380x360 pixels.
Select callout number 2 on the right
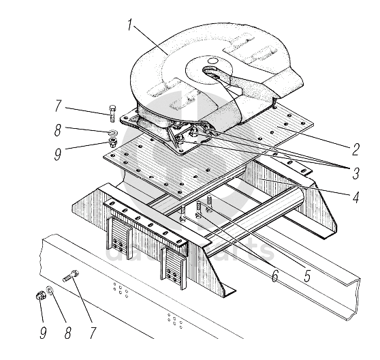[x=355, y=149]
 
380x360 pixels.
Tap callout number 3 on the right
[x=355, y=173]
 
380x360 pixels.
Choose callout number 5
[x=307, y=275]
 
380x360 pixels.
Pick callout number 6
[x=274, y=275]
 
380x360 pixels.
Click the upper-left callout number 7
[x=59, y=106]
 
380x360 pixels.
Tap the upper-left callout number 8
[x=58, y=130]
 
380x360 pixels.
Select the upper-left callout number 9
[x=58, y=154]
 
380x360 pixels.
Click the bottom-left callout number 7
[x=93, y=333]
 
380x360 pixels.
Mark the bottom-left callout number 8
[x=68, y=333]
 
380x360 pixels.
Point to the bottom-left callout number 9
[x=43, y=333]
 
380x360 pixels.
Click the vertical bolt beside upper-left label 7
[x=112, y=114]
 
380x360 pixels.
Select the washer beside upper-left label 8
[x=113, y=132]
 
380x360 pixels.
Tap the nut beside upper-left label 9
[x=113, y=142]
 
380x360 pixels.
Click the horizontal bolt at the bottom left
[x=71, y=276]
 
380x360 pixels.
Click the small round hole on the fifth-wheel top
[x=212, y=61]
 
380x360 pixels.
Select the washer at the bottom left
[x=50, y=290]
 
